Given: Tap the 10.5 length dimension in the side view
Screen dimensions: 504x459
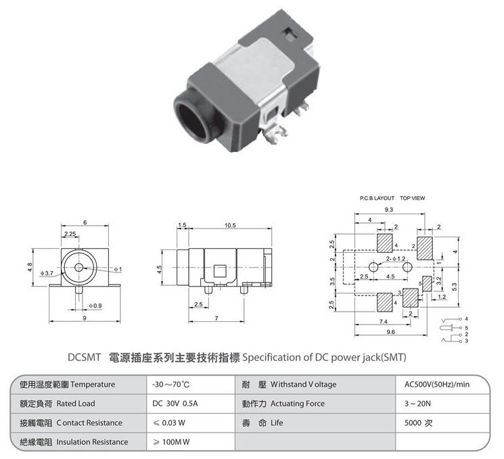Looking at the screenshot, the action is coord(230,225).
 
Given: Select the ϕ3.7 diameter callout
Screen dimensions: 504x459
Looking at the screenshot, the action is coord(47,273).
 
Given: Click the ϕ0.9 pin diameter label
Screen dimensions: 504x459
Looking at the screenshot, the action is coord(95,306).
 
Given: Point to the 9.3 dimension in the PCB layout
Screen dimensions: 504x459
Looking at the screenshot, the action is coord(389,210).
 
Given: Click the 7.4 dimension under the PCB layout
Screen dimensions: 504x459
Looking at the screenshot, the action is coord(383,321).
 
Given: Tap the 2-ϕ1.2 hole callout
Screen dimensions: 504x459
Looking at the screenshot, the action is coord(396,259).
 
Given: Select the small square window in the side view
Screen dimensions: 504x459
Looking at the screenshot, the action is coord(220,271).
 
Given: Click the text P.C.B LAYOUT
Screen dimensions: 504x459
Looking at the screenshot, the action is coord(377,198).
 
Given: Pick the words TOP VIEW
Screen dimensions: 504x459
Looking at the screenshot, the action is coord(413,198).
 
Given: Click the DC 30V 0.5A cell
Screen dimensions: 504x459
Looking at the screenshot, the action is coord(175,404).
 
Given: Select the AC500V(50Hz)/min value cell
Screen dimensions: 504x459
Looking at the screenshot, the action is coord(437,384).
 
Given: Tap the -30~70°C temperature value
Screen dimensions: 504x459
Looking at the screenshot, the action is coord(170,384).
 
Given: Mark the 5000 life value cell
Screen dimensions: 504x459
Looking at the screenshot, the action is coord(418,422).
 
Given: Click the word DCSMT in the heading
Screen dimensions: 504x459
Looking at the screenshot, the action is coord(84,358).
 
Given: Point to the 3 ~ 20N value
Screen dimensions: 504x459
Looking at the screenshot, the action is coord(417,404).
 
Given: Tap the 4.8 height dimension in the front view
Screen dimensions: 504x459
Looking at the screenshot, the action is coord(30,267).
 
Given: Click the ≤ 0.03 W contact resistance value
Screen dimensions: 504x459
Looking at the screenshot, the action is coord(169,422).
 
